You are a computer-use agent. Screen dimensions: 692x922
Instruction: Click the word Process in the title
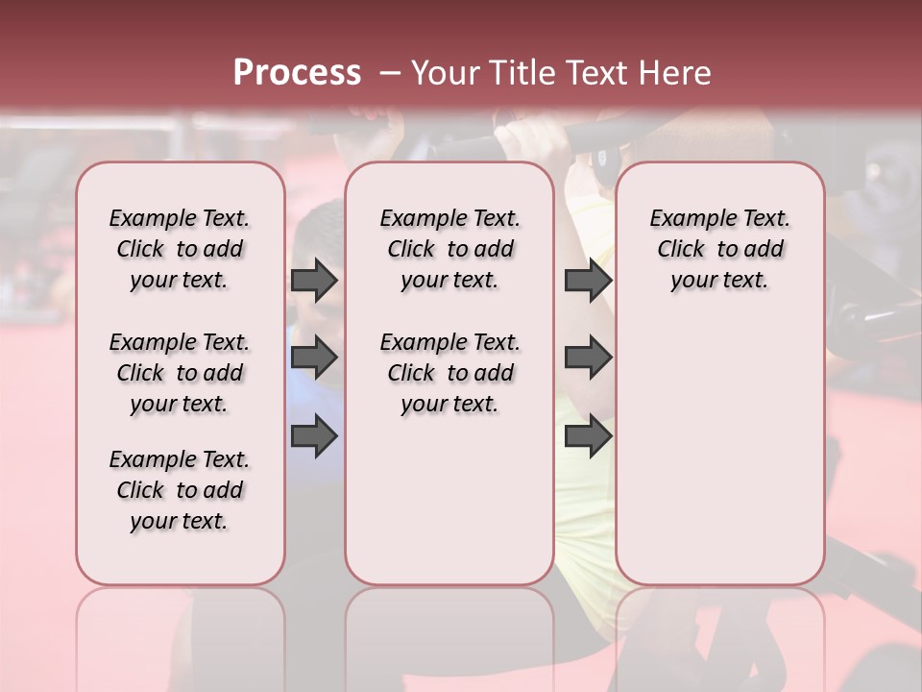tap(297, 72)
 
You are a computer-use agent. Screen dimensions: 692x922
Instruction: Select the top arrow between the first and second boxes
tap(314, 281)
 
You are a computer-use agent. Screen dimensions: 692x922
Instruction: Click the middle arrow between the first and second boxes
tap(314, 358)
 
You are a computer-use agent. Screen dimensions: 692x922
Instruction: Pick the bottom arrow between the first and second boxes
tap(314, 435)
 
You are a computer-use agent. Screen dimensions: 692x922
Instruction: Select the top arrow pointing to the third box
tap(587, 281)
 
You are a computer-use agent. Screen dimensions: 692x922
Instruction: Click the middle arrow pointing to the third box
tap(587, 358)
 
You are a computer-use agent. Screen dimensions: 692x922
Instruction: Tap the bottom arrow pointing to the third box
tap(587, 435)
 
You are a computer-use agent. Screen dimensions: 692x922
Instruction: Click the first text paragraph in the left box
tap(180, 249)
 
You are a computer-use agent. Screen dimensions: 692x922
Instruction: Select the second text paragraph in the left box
tap(180, 373)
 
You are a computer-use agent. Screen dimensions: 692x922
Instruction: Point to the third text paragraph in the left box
tap(180, 490)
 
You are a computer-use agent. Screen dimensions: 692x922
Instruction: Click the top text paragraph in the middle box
tap(449, 249)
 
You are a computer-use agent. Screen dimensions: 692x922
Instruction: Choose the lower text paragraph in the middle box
tap(449, 373)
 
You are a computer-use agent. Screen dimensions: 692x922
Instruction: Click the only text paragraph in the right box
tap(719, 249)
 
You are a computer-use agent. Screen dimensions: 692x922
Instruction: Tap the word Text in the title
tap(598, 72)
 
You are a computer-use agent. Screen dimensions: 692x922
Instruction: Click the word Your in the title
tap(448, 72)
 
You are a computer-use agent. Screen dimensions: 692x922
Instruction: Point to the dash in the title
tap(390, 72)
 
